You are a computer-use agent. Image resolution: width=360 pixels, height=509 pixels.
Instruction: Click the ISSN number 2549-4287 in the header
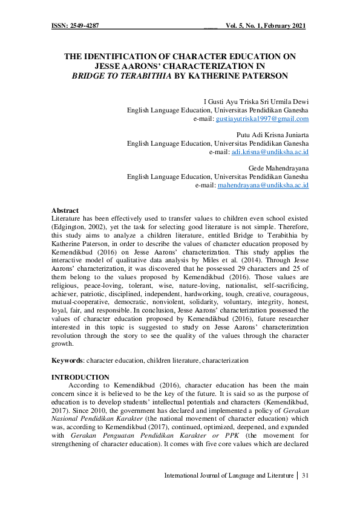click(84, 26)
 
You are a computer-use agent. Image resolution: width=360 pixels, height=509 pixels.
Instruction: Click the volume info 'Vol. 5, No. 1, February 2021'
click(266, 26)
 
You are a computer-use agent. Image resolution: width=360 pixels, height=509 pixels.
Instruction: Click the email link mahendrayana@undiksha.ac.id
click(263, 184)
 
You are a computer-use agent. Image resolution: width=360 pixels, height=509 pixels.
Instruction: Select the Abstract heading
click(65, 210)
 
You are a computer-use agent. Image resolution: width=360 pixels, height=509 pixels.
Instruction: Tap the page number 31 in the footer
click(305, 475)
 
